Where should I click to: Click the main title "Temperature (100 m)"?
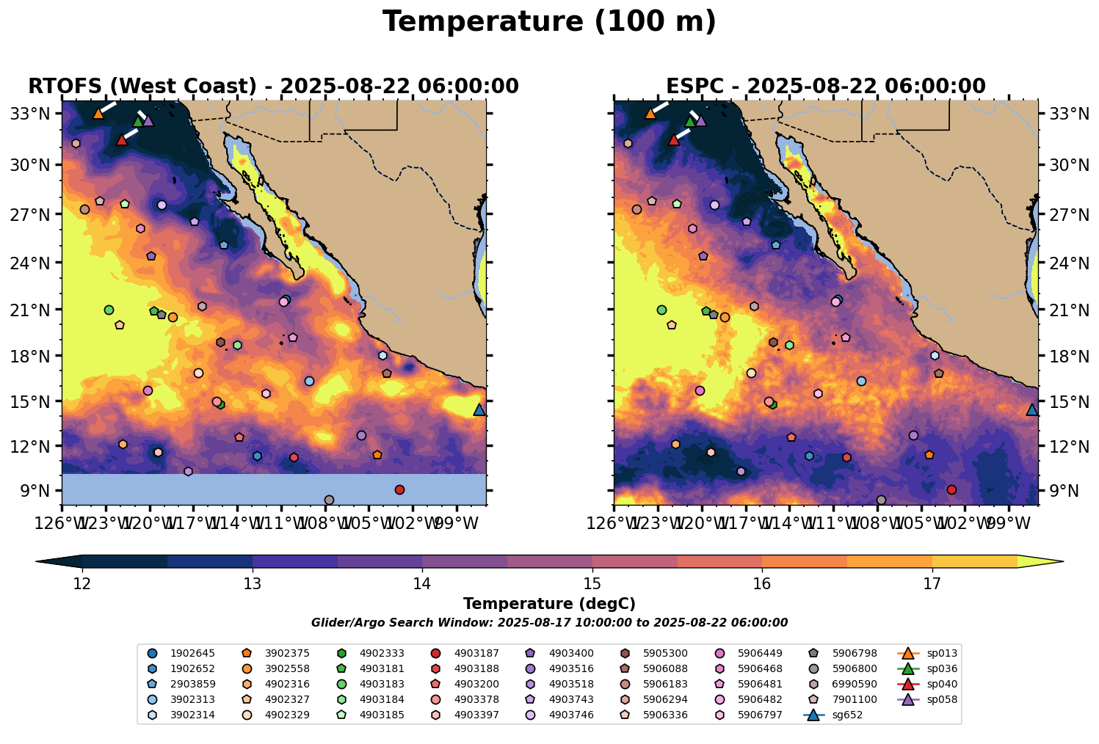click(x=549, y=22)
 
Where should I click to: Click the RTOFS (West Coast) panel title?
click(x=273, y=87)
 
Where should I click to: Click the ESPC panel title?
click(x=825, y=87)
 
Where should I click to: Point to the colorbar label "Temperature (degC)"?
click(x=549, y=604)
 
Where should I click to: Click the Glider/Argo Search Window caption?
click(x=549, y=623)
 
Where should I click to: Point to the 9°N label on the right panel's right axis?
click(x=1062, y=491)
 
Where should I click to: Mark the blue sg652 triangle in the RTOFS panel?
click(x=479, y=409)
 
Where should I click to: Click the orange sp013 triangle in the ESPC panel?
click(x=650, y=113)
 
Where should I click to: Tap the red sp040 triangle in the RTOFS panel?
click(x=122, y=139)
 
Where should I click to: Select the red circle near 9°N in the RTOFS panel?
click(x=399, y=489)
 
